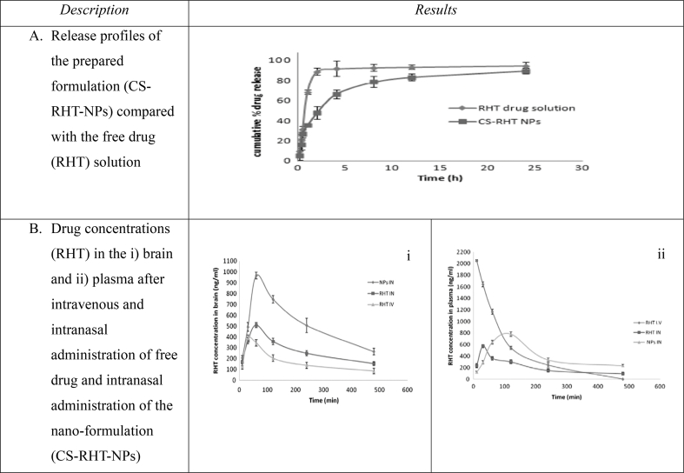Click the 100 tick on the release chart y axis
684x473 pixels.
pyautogui.click(x=277, y=60)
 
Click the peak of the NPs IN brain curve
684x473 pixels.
pyautogui.click(x=256, y=276)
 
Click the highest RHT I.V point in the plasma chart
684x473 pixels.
pyautogui.click(x=476, y=260)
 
